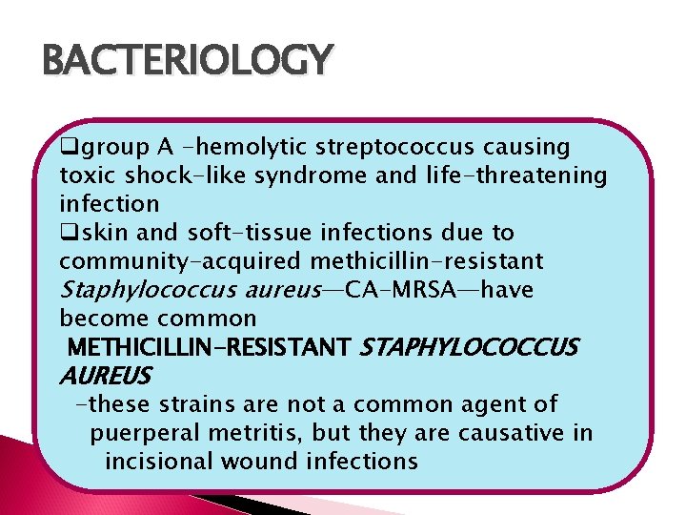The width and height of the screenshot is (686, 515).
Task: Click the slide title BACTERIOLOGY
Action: click(x=188, y=61)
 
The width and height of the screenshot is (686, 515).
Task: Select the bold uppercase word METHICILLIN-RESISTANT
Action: click(x=211, y=346)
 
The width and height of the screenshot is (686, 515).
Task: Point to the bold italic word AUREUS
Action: click(x=104, y=375)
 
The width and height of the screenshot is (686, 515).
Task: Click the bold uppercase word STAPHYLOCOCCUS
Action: click(x=468, y=346)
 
